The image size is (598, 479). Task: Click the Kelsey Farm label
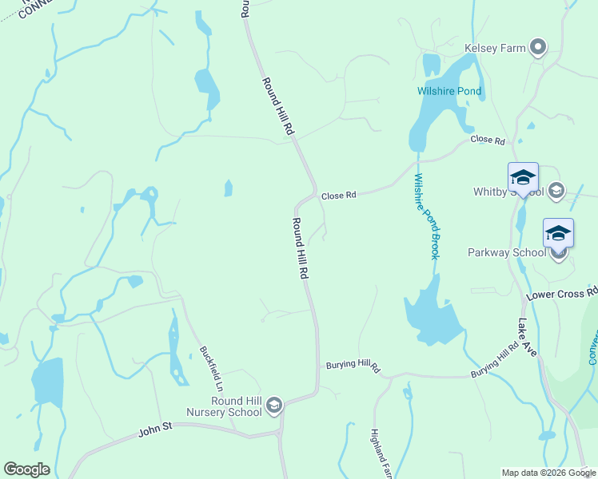click(495, 48)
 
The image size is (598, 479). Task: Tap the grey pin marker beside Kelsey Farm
click(538, 48)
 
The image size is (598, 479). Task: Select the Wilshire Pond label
click(449, 91)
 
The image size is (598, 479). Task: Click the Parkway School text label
click(507, 252)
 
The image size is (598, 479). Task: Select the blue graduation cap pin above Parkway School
click(558, 233)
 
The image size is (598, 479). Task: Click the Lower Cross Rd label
click(561, 293)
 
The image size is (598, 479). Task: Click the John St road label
click(155, 428)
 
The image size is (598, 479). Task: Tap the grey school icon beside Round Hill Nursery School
click(274, 406)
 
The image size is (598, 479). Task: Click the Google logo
click(26, 469)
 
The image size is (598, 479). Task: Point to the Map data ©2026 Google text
click(548, 473)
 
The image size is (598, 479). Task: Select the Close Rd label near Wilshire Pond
click(488, 140)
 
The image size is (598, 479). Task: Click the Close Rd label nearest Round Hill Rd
click(337, 195)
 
